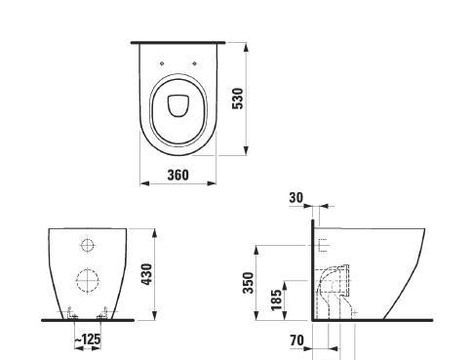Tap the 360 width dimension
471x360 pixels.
pyautogui.click(x=177, y=176)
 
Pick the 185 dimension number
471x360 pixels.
pyautogui.click(x=276, y=298)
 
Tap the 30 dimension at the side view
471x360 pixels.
pyautogui.click(x=295, y=198)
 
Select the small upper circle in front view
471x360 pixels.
pyautogui.click(x=88, y=244)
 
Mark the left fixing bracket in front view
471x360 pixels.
pyautogui.click(x=71, y=312)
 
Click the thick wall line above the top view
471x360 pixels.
pyautogui.click(x=177, y=42)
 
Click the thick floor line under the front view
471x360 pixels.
pyautogui.click(x=88, y=319)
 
